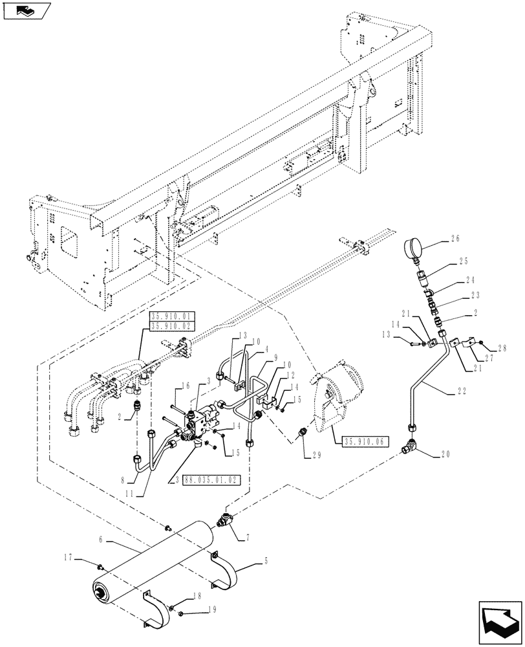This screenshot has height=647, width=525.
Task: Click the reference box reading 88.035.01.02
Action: click(x=211, y=479)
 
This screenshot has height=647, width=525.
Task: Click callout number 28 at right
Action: click(x=502, y=348)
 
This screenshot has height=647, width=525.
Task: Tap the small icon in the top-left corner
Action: click(x=25, y=11)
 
